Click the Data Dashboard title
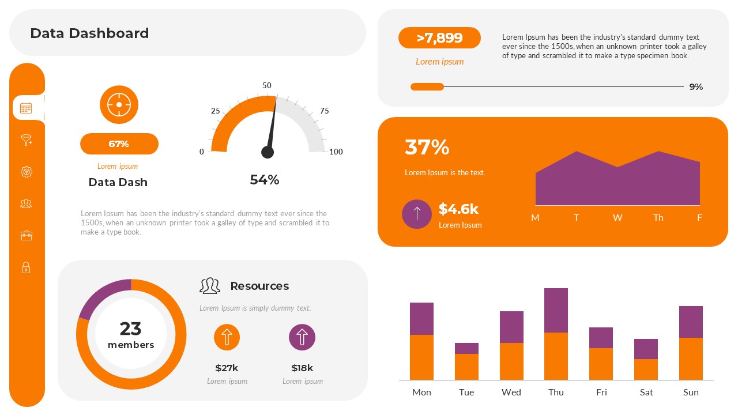89,33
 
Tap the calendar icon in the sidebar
26,108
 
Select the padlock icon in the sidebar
26,267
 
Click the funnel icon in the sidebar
26,140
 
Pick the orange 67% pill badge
119,144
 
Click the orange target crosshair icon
119,105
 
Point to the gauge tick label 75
325,111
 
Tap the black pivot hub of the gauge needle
268,152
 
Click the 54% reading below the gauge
265,180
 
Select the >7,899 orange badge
439,38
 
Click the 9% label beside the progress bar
696,87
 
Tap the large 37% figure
427,148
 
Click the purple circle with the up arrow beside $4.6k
417,214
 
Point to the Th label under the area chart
658,218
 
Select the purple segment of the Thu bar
556,310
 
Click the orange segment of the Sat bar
646,369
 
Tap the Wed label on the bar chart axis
511,393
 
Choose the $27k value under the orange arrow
227,368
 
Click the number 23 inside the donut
131,329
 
